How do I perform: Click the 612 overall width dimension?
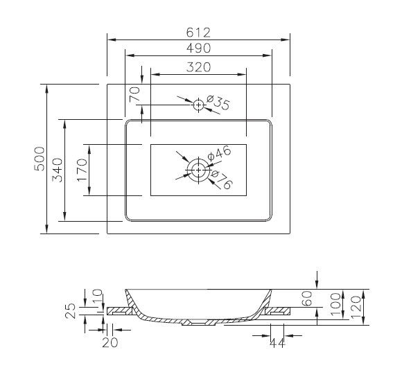click(198, 33)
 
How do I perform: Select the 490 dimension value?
click(198, 48)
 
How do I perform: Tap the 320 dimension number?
click(198, 67)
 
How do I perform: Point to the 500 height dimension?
click(40, 159)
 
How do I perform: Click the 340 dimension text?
click(57, 170)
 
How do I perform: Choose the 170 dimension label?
click(82, 170)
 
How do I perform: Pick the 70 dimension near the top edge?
click(134, 94)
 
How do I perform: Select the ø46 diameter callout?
click(219, 154)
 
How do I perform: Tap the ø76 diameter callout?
click(222, 179)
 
